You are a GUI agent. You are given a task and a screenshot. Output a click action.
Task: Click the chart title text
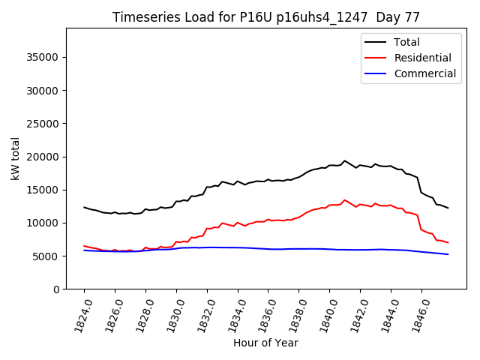(266, 17)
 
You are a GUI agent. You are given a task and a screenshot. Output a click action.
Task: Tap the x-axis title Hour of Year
(265, 343)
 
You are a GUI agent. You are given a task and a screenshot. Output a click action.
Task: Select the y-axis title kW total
(16, 158)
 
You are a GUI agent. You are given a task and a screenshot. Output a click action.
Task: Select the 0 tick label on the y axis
(57, 289)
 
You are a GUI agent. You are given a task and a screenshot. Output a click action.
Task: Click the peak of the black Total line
(344, 160)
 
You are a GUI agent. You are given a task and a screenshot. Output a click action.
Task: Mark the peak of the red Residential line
(344, 200)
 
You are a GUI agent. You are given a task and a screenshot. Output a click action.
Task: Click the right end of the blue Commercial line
(448, 254)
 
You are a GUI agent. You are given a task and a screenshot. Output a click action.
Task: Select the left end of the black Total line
(84, 207)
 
